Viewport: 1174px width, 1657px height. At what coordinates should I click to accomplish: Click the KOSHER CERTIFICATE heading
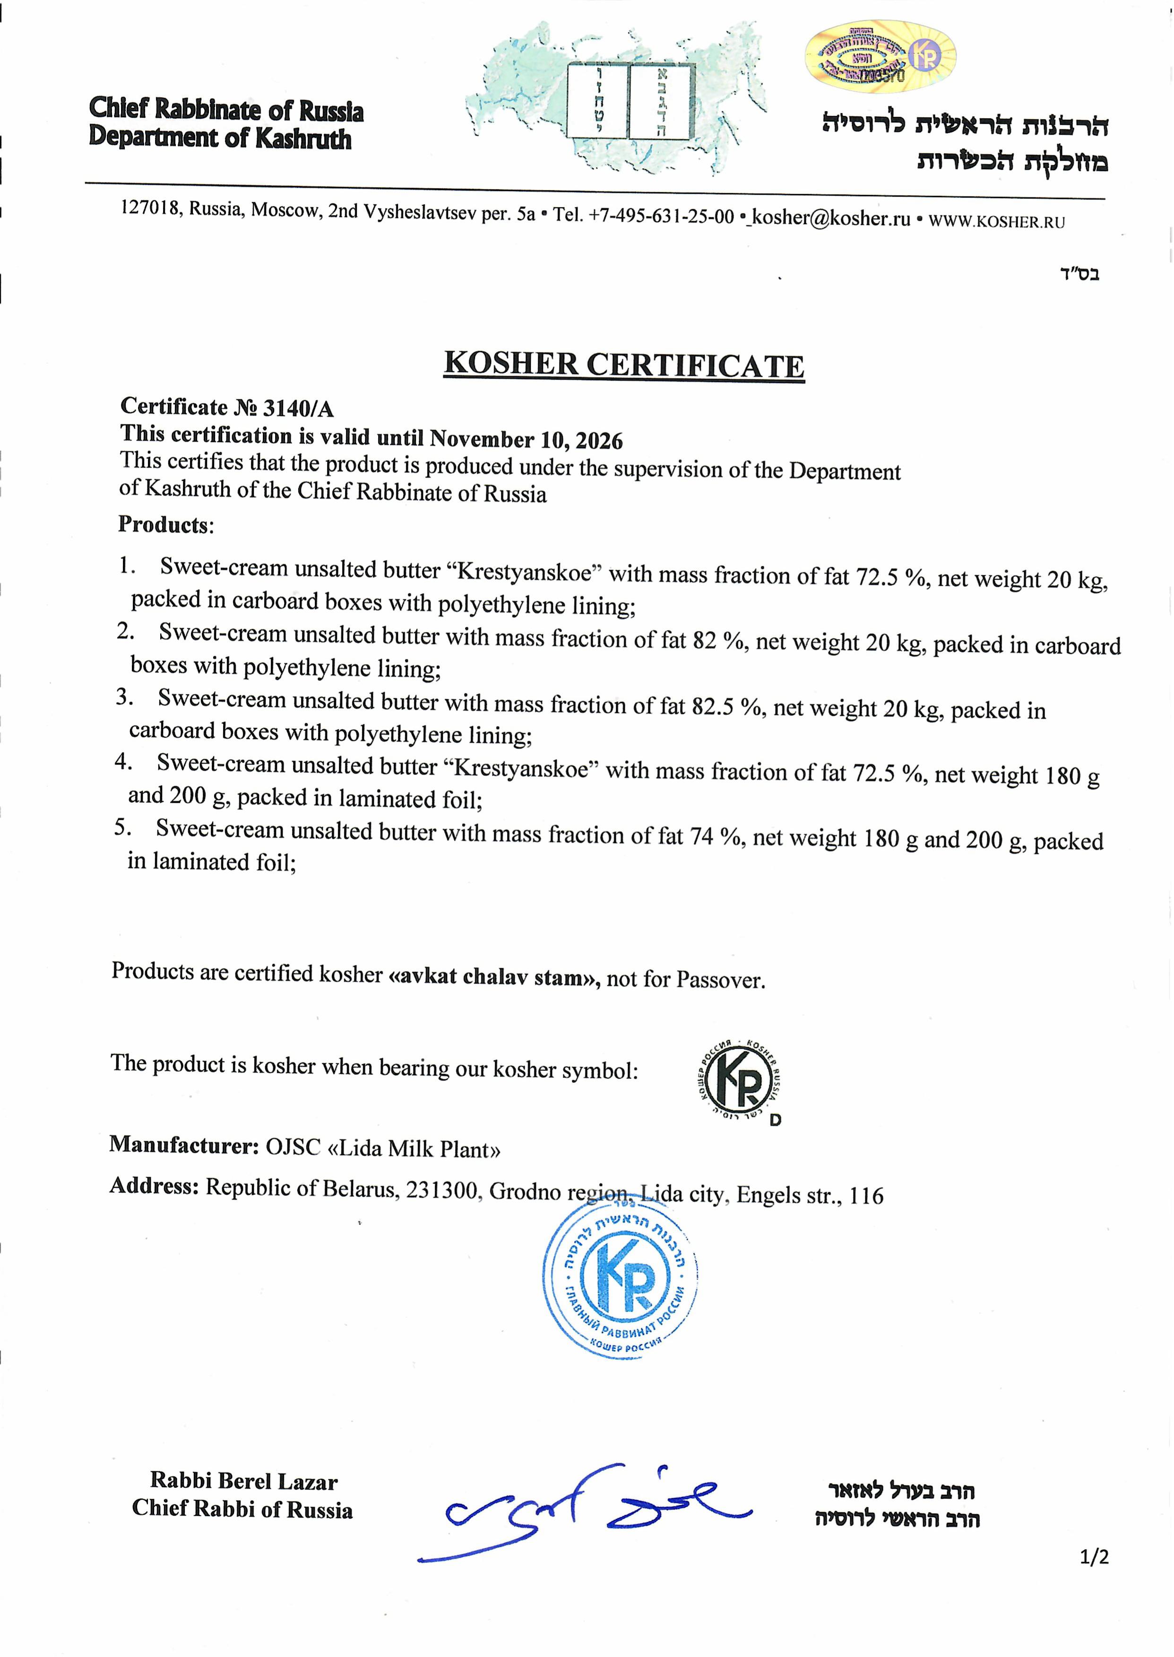click(x=624, y=365)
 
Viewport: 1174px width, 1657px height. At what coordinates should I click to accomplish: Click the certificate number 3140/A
click(x=298, y=408)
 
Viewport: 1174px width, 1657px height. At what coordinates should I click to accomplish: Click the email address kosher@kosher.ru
click(x=831, y=217)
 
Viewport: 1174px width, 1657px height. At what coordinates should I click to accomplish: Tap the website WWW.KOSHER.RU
click(x=996, y=221)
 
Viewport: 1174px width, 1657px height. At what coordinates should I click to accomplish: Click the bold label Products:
click(x=165, y=524)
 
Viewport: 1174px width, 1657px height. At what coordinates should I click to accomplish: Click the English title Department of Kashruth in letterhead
click(x=220, y=138)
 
